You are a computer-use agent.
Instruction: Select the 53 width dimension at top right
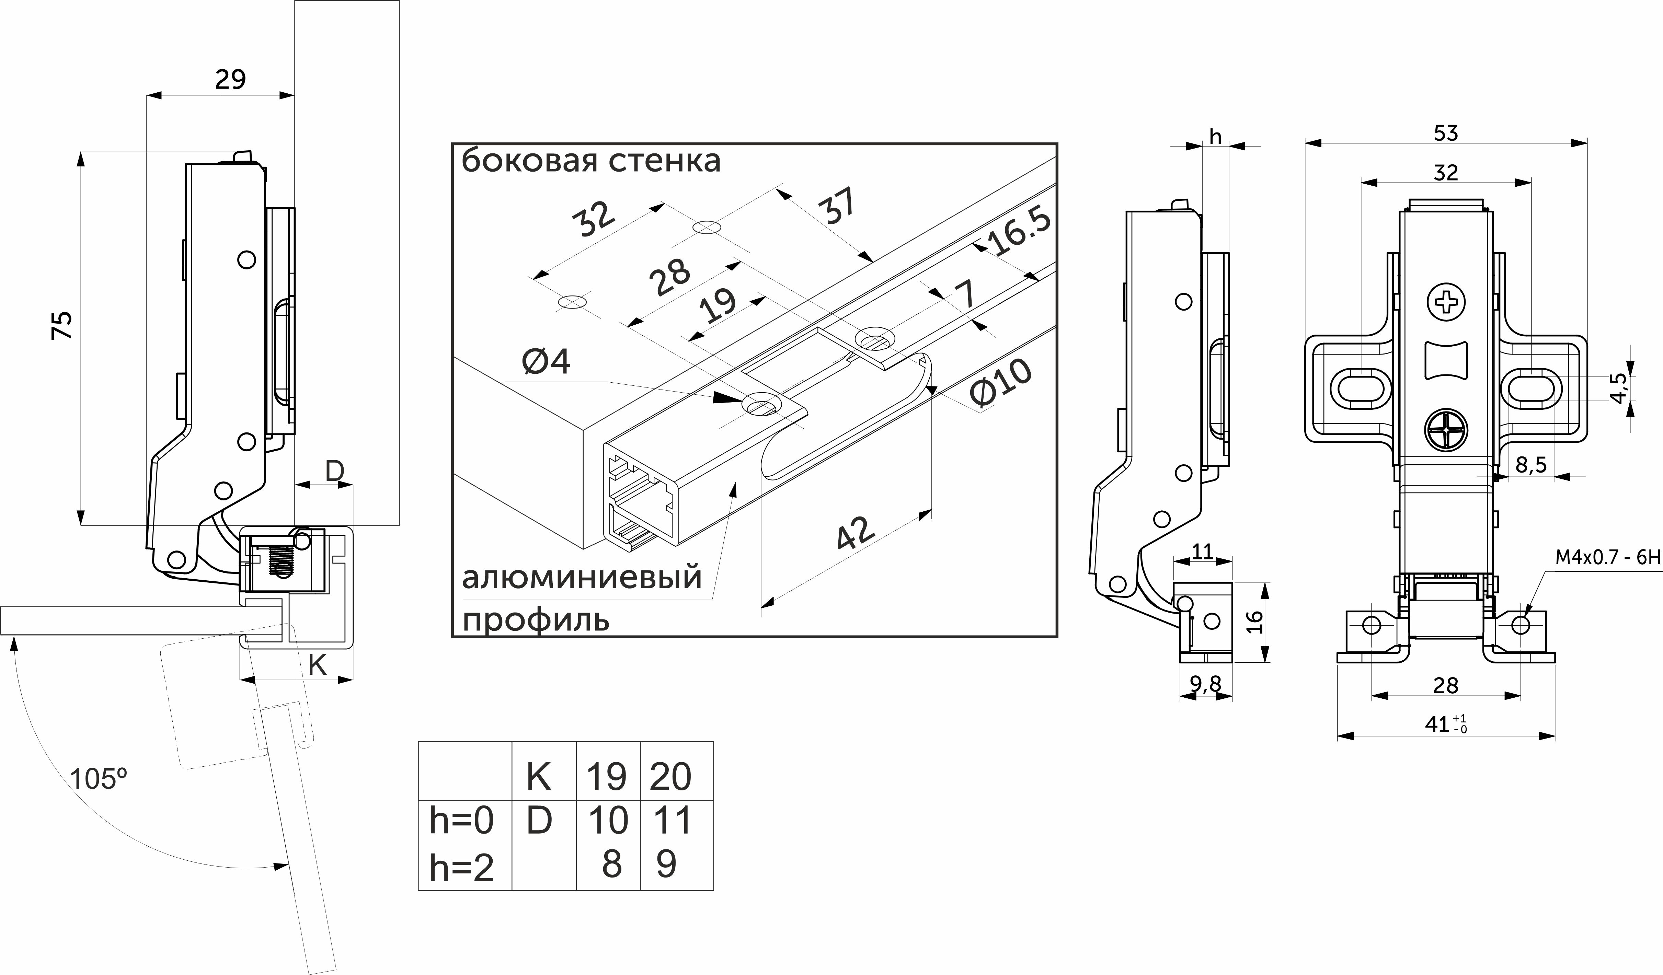pyautogui.click(x=1446, y=133)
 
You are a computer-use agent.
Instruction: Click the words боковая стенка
pyautogui.click(x=590, y=160)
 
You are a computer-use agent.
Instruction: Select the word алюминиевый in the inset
pyautogui.click(x=581, y=577)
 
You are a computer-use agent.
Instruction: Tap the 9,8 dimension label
pyautogui.click(x=1206, y=685)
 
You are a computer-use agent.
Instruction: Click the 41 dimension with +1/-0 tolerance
pyautogui.click(x=1446, y=724)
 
